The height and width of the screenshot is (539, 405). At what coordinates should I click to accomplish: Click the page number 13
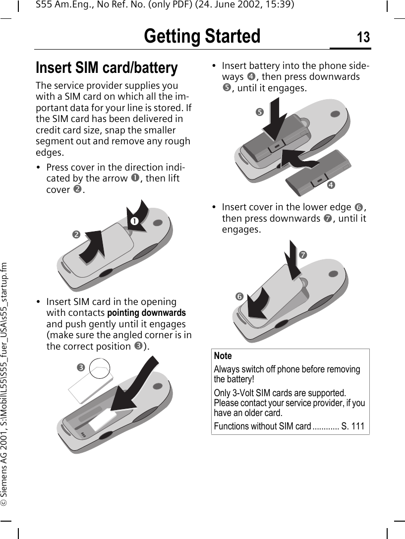click(x=363, y=37)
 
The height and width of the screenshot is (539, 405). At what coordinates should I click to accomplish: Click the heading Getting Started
click(x=202, y=37)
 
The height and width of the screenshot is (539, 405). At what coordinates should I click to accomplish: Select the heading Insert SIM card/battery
click(x=107, y=67)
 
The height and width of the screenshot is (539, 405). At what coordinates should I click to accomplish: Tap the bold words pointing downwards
click(x=147, y=313)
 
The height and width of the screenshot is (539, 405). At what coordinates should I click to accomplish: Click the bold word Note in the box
click(x=223, y=356)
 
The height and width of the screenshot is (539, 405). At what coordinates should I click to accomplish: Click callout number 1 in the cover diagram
click(x=133, y=220)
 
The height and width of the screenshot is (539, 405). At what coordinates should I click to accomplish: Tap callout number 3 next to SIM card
click(x=79, y=367)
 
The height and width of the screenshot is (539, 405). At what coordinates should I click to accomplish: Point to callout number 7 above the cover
click(x=303, y=254)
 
